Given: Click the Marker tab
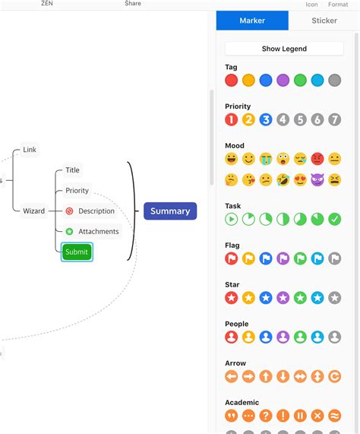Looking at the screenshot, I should pyautogui.click(x=252, y=21).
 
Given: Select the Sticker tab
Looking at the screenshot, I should pyautogui.click(x=324, y=21).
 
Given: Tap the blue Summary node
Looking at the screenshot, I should pyautogui.click(x=170, y=211).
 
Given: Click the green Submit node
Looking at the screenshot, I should pyautogui.click(x=77, y=252).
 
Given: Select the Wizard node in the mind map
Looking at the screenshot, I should pyautogui.click(x=33, y=211).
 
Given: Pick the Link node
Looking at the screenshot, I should pyautogui.click(x=30, y=150).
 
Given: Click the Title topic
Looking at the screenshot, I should pyautogui.click(x=72, y=170).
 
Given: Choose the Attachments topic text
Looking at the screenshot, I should pyautogui.click(x=99, y=232).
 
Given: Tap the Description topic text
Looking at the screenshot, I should pyautogui.click(x=96, y=211).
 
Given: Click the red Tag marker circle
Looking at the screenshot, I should pyautogui.click(x=232, y=80).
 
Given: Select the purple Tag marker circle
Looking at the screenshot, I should pyautogui.click(x=283, y=80).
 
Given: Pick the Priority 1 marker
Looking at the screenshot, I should pyautogui.click(x=232, y=119).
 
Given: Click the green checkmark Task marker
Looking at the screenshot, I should pyautogui.click(x=335, y=219).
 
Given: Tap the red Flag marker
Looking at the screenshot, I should pyautogui.click(x=232, y=258).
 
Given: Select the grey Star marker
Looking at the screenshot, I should pyautogui.click(x=335, y=297).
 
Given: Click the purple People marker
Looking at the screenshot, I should pyautogui.click(x=283, y=337).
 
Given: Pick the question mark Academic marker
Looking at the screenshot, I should pyautogui.click(x=266, y=416).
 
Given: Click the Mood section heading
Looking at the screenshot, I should pyautogui.click(x=235, y=146).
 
